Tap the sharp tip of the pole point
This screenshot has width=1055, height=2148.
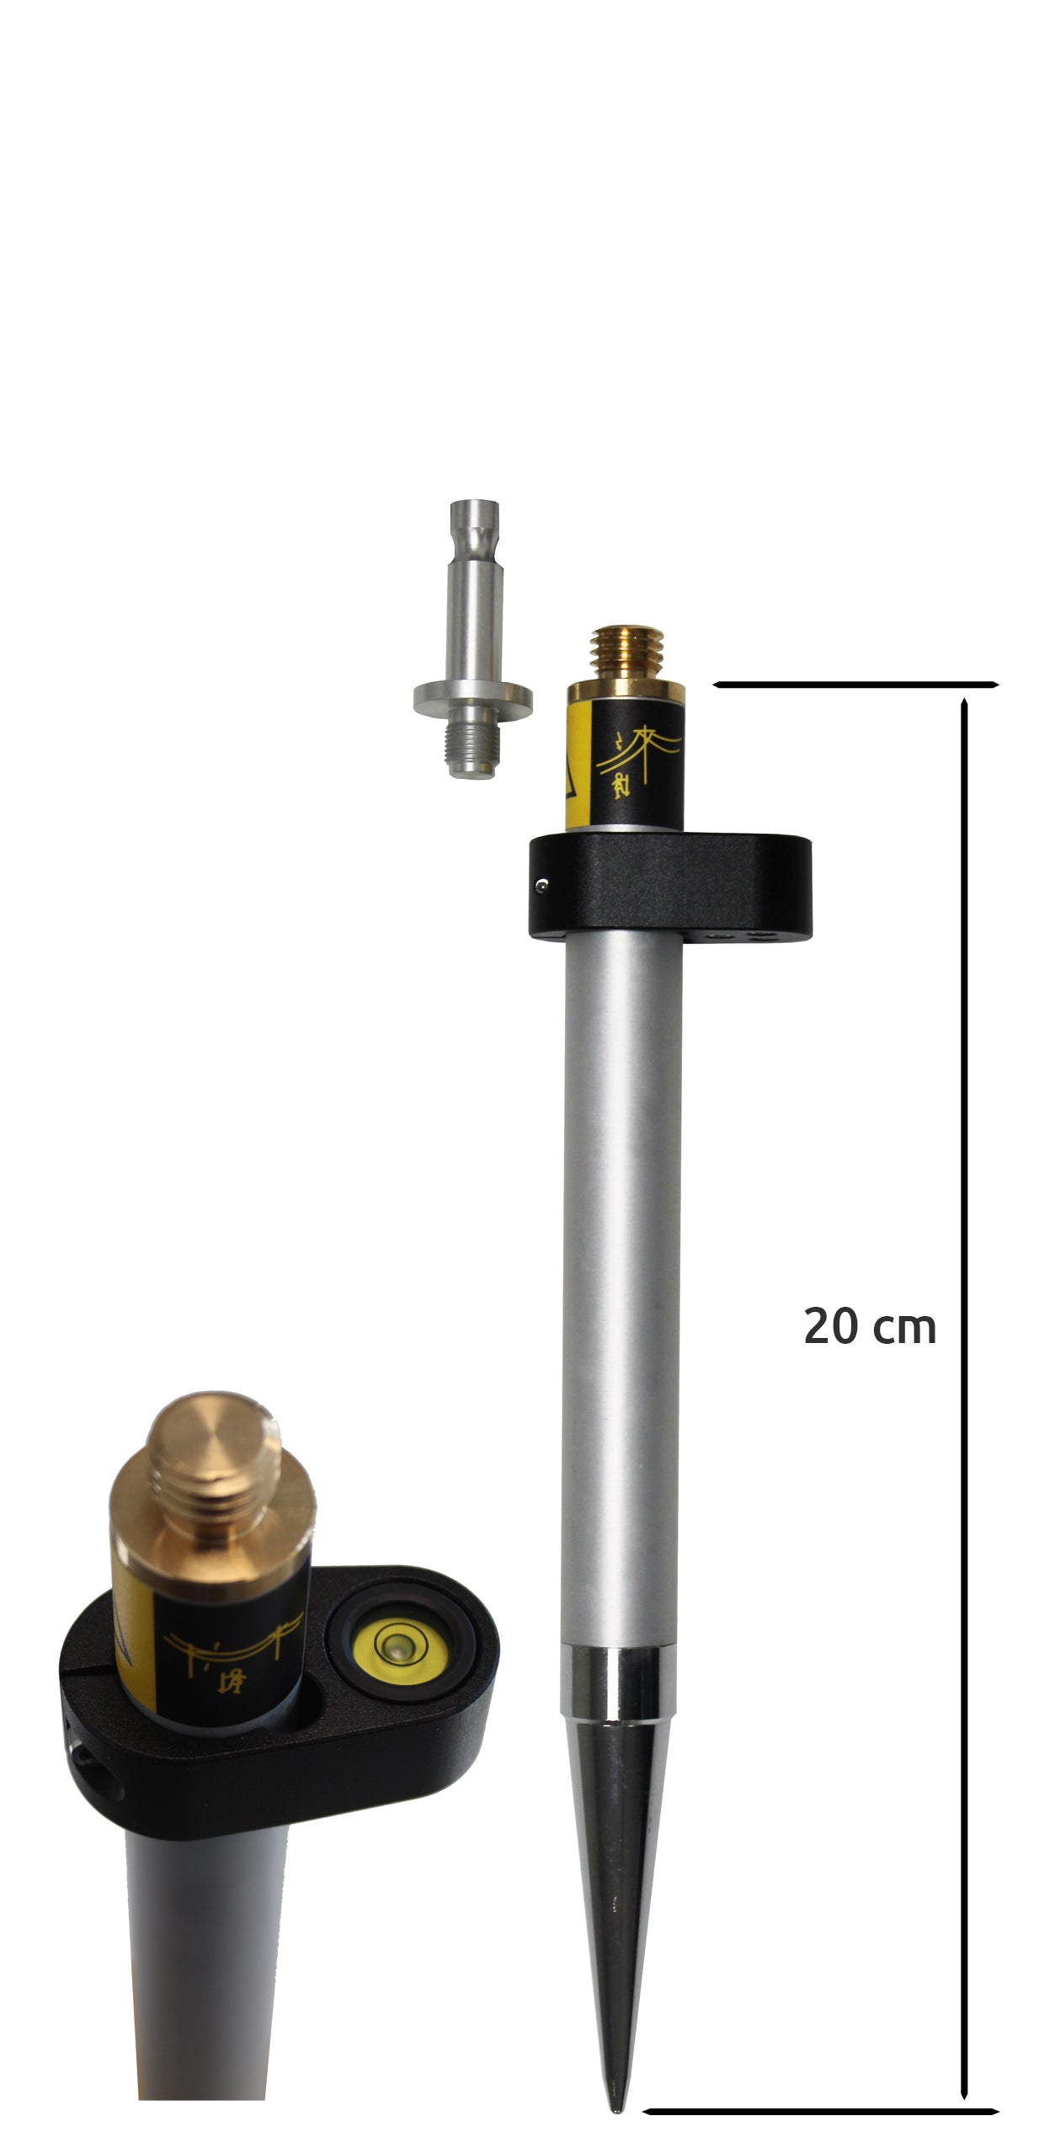[617, 2109]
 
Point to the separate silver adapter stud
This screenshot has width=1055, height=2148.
[472, 639]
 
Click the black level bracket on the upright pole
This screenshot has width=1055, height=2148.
[670, 887]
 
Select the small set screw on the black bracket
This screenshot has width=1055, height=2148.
[543, 883]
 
